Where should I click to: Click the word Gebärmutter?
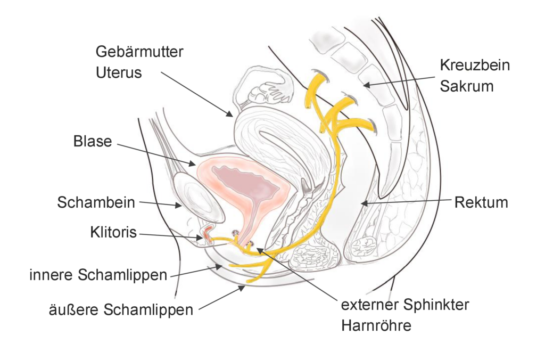(x=139, y=52)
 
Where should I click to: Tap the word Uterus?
(x=119, y=73)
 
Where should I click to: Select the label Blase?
(x=93, y=142)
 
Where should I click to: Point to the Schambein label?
(x=96, y=202)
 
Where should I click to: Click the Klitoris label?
(x=113, y=232)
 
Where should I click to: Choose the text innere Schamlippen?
(x=98, y=275)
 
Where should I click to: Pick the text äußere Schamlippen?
(x=121, y=310)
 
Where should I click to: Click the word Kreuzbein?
(x=475, y=65)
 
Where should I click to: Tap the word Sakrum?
(x=466, y=86)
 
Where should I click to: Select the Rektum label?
(x=481, y=202)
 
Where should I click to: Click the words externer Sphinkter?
(x=405, y=305)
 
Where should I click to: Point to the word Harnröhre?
(x=376, y=326)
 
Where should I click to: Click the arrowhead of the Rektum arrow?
(x=364, y=203)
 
